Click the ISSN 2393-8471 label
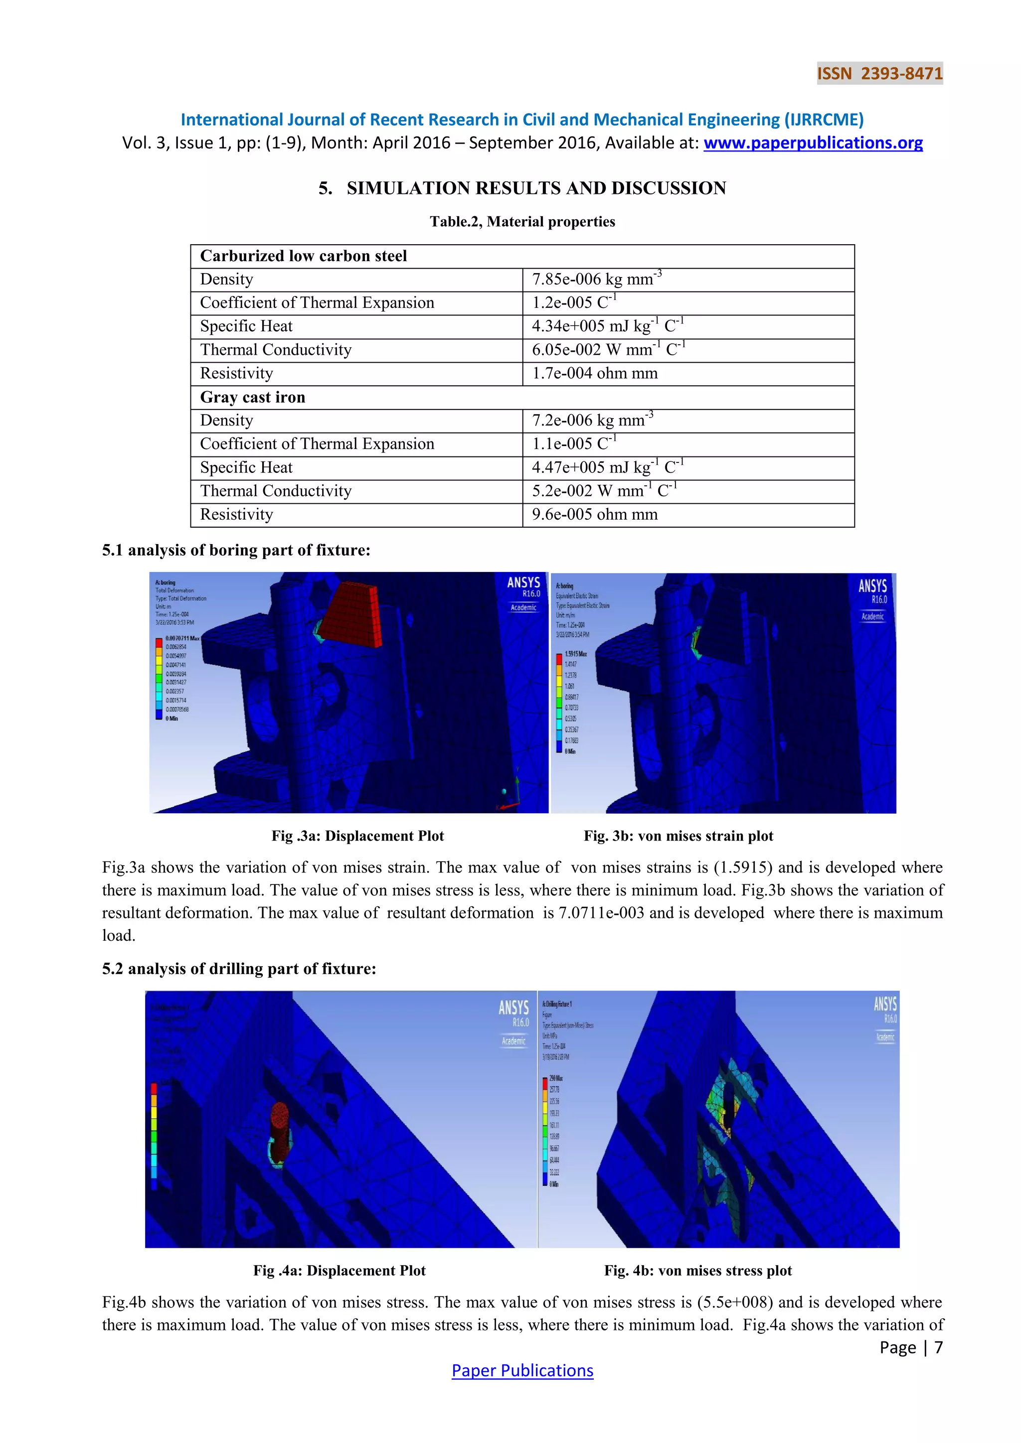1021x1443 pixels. pos(879,74)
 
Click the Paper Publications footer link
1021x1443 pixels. pos(522,1370)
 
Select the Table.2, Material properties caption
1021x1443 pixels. pos(522,221)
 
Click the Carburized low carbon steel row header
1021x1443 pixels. pos(303,256)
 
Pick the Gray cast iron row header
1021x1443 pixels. pos(252,397)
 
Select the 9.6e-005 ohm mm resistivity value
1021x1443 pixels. pos(594,514)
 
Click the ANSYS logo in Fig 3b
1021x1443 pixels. pos(872,586)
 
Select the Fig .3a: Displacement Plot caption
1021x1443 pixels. pos(357,836)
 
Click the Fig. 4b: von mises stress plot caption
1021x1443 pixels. pos(697,1271)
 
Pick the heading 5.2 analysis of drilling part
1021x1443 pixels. pos(239,969)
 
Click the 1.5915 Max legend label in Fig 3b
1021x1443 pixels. pos(575,654)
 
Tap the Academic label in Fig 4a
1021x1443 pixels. pos(513,1041)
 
